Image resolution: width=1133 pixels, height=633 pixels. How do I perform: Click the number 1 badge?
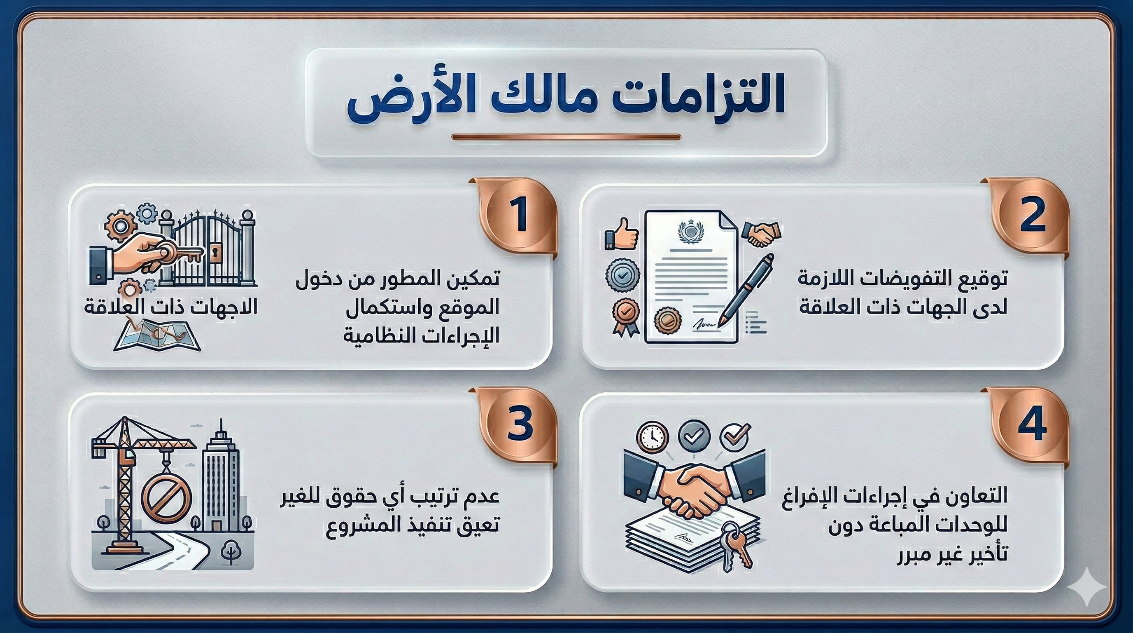click(520, 216)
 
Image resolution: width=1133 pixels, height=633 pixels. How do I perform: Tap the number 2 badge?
click(1031, 216)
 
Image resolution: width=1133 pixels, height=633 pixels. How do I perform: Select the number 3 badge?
click(520, 425)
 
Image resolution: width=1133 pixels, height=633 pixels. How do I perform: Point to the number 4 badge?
click(1031, 425)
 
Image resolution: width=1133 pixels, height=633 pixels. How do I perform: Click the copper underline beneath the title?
click(566, 137)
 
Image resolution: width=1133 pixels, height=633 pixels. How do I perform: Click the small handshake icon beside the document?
click(761, 233)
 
